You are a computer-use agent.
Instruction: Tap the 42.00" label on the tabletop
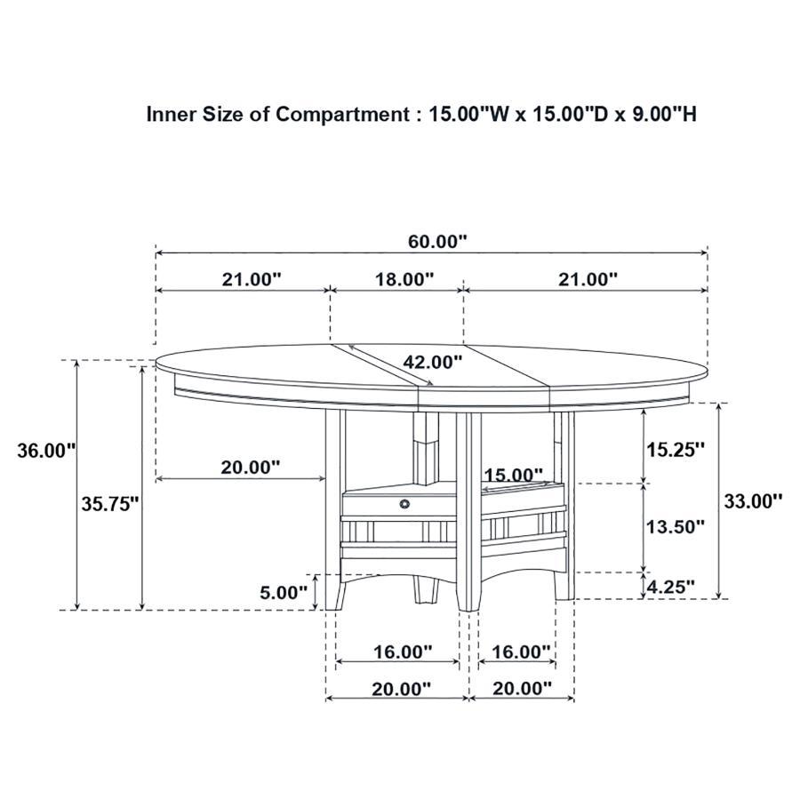point(432,362)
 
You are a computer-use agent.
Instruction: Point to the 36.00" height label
point(46,451)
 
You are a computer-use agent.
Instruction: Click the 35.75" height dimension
point(111,504)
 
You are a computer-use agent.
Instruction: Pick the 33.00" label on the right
point(752,500)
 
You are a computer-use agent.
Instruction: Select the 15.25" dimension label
point(675,449)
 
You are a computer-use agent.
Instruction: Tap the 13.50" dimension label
point(675,526)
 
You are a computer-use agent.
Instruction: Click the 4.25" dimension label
point(669,587)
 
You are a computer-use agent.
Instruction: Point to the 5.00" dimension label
point(283,592)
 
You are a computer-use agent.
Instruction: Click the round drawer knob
point(405,504)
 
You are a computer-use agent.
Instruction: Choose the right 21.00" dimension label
point(587,279)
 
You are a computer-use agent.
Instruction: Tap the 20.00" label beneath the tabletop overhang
point(250,467)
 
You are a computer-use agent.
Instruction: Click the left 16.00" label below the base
point(402,652)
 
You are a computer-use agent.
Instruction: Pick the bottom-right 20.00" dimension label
point(521,688)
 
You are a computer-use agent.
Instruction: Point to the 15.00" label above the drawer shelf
point(513,476)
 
